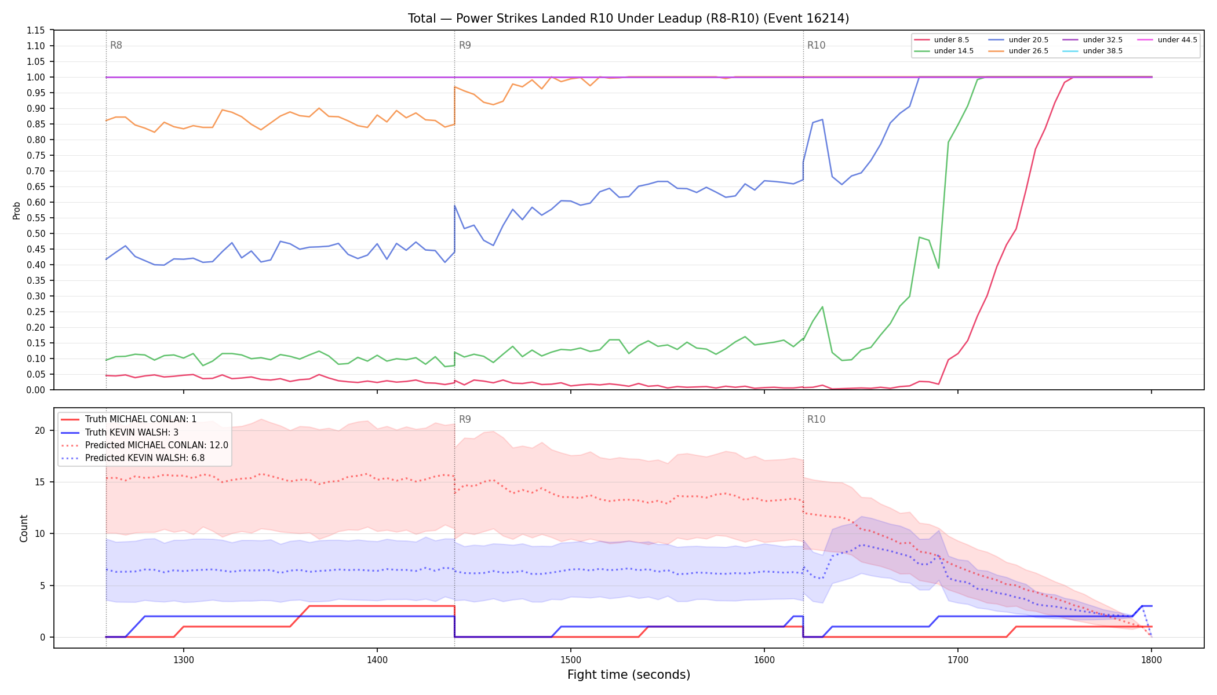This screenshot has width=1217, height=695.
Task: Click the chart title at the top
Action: (x=628, y=19)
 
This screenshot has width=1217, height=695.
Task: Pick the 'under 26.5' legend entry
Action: (x=1018, y=51)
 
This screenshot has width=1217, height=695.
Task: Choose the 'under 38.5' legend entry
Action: (x=1092, y=51)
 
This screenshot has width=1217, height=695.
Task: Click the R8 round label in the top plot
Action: (x=116, y=45)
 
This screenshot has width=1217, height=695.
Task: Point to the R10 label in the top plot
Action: (x=816, y=45)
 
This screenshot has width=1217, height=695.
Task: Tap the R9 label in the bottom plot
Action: (x=465, y=419)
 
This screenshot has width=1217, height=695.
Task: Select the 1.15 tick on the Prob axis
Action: (x=37, y=30)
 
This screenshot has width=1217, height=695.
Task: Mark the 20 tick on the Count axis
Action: (x=40, y=430)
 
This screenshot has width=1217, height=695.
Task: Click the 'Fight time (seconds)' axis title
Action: (x=629, y=675)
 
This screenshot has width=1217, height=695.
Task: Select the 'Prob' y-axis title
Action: (x=16, y=210)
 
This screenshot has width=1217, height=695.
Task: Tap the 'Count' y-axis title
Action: (x=24, y=528)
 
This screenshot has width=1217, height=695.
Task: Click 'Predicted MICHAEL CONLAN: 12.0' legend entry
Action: (x=145, y=445)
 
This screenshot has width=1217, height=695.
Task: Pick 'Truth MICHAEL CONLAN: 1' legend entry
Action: (x=129, y=419)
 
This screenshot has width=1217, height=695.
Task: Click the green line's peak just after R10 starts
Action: (x=822, y=307)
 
